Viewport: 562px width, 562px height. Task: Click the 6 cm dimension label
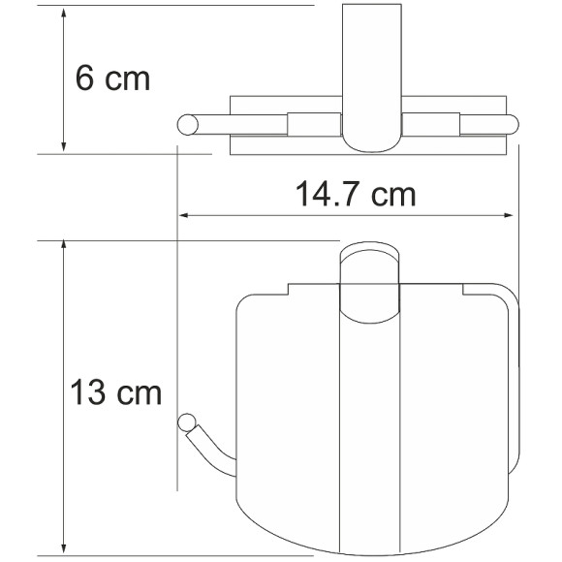coord(113,78)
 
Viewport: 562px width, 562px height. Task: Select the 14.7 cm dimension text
coord(356,195)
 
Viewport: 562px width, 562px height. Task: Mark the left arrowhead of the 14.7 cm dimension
coord(183,215)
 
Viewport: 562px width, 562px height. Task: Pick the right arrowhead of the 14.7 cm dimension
coord(514,215)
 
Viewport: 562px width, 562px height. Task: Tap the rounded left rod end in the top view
coord(187,123)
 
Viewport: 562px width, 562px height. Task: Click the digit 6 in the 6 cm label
coord(85,78)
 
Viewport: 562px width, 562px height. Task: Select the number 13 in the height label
coord(89,394)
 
